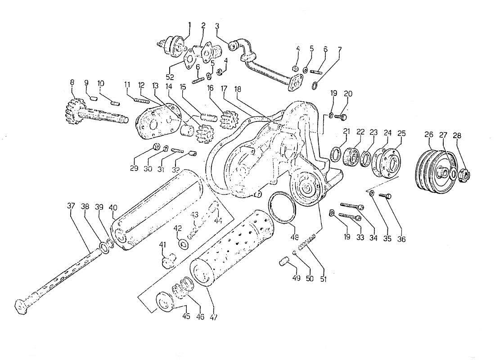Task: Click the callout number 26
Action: tap(428, 134)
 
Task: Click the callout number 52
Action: tap(170, 77)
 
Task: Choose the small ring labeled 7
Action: tap(316, 85)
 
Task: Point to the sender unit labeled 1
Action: tap(173, 45)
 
